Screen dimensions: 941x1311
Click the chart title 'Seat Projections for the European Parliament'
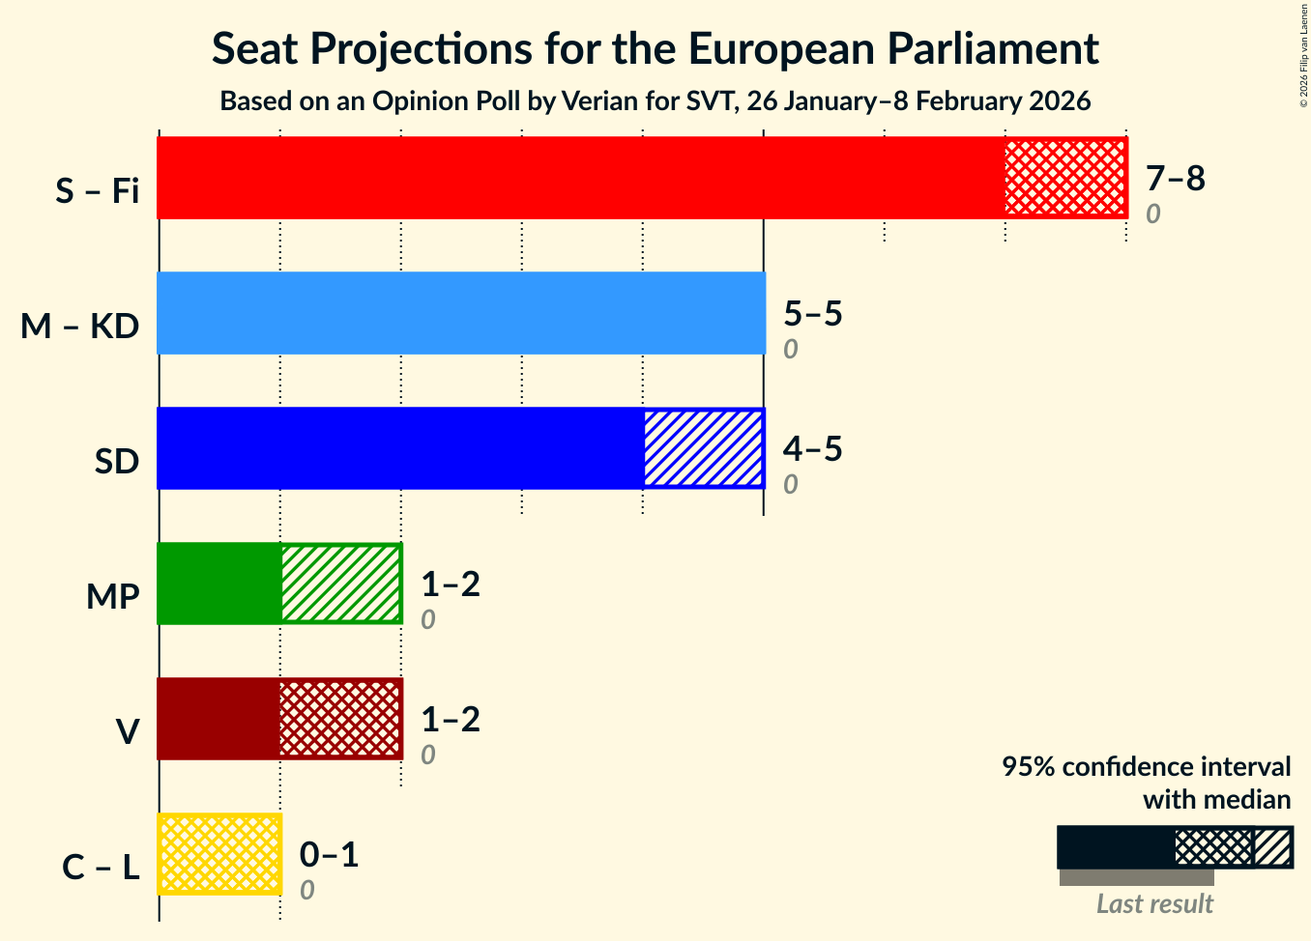point(655,49)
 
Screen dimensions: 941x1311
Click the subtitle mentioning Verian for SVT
point(655,101)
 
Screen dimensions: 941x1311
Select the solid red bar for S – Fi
point(580,178)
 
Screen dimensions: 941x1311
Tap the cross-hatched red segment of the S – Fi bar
point(1065,178)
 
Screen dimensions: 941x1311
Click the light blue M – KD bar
point(460,313)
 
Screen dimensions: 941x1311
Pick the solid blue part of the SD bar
point(400,448)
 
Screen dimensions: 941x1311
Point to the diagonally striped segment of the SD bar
point(704,448)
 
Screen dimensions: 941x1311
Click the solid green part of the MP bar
point(219,584)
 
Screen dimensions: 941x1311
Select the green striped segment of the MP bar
point(340,584)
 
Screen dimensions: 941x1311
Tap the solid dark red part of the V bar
point(218,719)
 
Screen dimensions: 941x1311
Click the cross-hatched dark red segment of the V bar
point(340,719)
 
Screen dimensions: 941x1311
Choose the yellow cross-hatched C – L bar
point(219,854)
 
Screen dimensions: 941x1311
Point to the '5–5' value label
point(812,314)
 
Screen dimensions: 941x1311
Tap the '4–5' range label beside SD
point(812,449)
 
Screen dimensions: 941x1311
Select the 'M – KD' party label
point(80,328)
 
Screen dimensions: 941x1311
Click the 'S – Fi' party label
point(97,192)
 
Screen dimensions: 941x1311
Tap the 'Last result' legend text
point(1154,904)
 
